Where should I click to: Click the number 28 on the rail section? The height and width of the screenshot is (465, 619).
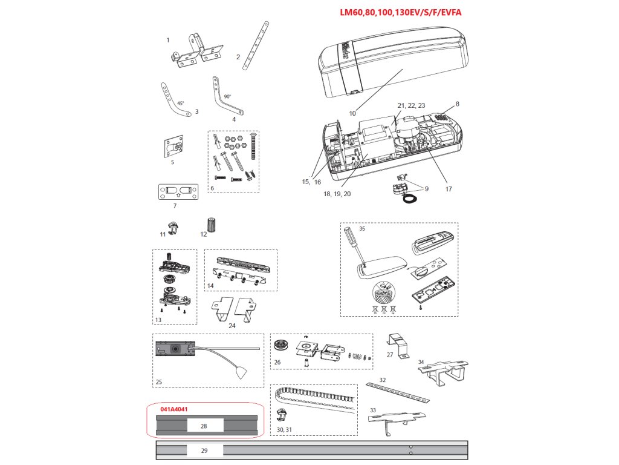204,426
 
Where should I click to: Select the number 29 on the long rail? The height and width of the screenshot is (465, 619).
204,451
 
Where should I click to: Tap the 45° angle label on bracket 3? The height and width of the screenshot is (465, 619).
181,104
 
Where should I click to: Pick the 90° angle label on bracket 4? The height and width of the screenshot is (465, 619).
227,96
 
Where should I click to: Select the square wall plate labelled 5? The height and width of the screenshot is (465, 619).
173,147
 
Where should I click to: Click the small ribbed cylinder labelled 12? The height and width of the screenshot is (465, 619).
212,224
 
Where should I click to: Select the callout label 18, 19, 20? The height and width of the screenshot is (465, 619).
337,194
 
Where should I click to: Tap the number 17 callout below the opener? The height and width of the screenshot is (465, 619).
448,188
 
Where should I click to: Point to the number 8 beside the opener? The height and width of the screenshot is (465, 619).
458,104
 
